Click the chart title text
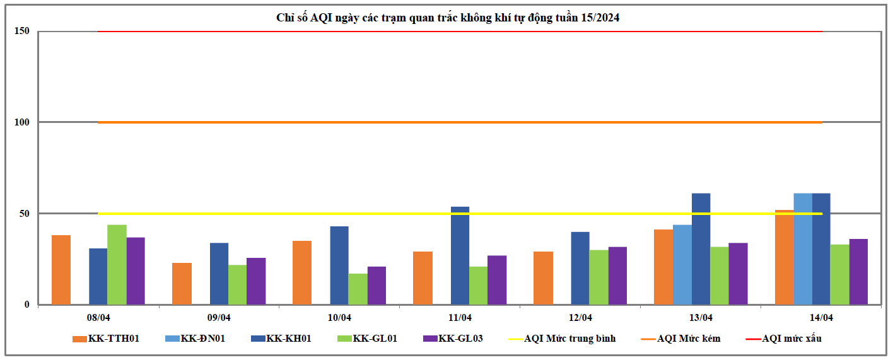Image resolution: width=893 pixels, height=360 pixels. pyautogui.click(x=448, y=18)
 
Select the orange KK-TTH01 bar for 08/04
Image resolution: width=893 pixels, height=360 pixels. pyautogui.click(x=61, y=270)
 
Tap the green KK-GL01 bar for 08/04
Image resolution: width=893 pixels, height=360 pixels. pyautogui.click(x=117, y=265)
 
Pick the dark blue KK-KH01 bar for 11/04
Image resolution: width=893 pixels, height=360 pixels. pyautogui.click(x=460, y=255)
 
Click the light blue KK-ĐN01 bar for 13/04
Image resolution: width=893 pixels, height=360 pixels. pyautogui.click(x=682, y=265)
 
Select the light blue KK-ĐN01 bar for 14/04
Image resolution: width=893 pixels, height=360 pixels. pyautogui.click(x=803, y=249)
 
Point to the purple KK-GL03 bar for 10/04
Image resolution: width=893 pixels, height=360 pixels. pyautogui.click(x=376, y=286)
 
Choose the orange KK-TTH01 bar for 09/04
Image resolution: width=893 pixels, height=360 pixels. pyautogui.click(x=182, y=284)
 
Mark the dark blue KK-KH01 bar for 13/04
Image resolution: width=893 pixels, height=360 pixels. pyautogui.click(x=701, y=249)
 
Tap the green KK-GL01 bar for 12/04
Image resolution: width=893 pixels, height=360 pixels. pyautogui.click(x=598, y=277)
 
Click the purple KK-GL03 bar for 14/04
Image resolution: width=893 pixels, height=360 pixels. pyautogui.click(x=858, y=272)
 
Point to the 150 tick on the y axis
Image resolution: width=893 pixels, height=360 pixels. pyautogui.click(x=23, y=31)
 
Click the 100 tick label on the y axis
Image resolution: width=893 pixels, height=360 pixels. pyautogui.click(x=23, y=122)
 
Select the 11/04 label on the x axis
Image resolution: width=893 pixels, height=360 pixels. pyautogui.click(x=460, y=317)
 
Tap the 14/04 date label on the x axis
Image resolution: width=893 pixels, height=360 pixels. pyautogui.click(x=822, y=317)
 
